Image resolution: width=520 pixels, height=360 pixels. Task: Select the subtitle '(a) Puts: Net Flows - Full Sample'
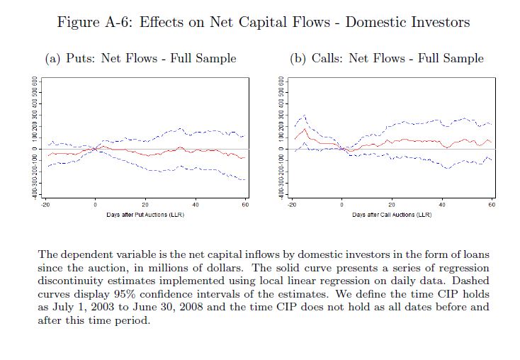pos(140,58)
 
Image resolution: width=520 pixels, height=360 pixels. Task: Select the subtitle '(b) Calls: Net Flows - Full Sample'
pos(388,58)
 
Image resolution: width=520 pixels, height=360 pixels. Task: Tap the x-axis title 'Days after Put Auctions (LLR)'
pos(146,214)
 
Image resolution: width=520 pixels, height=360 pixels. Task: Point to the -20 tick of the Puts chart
pos(45,204)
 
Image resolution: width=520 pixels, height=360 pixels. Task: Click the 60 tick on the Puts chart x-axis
pos(245,204)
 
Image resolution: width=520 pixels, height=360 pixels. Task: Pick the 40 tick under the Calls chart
pos(441,204)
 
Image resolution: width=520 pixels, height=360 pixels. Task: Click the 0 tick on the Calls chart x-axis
pos(341,204)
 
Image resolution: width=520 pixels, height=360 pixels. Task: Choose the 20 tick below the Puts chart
pos(145,204)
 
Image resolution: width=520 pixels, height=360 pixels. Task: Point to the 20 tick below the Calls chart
pos(392,204)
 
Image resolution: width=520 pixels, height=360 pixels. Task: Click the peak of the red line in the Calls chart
pos(305,129)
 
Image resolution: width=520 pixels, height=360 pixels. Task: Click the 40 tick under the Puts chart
pos(196,204)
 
